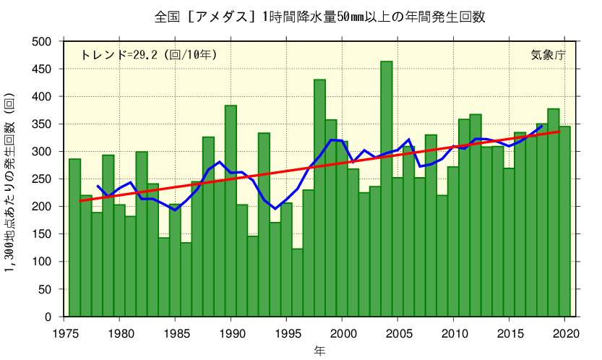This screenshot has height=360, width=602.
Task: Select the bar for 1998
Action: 319,198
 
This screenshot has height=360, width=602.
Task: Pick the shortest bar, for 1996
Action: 297,283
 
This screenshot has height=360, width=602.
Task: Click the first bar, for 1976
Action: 74,238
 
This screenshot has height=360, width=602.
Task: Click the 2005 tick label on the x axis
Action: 397,333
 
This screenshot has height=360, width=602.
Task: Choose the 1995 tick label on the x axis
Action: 286,333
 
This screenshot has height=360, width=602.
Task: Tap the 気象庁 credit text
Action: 548,55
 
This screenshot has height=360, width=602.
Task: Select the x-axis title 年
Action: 319,351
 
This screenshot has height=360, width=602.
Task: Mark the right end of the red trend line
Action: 559,132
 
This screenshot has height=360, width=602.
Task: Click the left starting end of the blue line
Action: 98,186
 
